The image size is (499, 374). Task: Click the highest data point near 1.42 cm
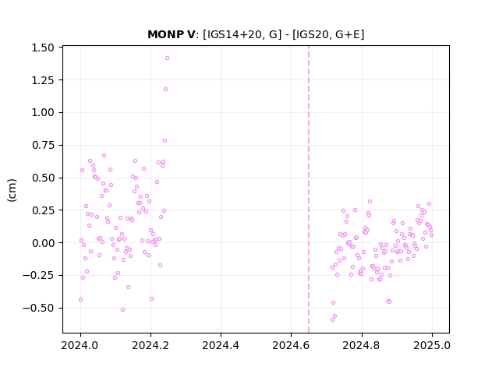pos(167,58)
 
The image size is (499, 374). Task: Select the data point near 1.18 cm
pos(165,89)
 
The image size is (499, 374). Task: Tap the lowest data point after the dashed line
pos(332,319)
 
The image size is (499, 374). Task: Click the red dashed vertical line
pos(309,189)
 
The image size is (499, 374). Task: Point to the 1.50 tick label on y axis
pos(43,48)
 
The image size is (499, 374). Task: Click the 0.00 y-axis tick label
pos(43,243)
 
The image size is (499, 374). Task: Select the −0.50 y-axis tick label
pos(38,309)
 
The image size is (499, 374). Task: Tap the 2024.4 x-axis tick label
pos(221,345)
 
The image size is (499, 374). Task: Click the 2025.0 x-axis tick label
pos(432,345)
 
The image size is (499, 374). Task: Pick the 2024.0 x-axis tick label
pos(80,345)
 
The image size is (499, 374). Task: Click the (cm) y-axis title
pos(12,190)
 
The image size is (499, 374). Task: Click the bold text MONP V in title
pos(172,34)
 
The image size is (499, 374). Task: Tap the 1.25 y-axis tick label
pos(43,80)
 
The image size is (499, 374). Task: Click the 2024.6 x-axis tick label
pos(291,345)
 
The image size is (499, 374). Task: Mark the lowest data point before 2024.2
pos(122,309)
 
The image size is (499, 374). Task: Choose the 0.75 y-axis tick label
pos(43,146)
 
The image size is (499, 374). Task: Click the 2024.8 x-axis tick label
pos(361,345)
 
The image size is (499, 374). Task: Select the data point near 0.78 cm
pos(165,140)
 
